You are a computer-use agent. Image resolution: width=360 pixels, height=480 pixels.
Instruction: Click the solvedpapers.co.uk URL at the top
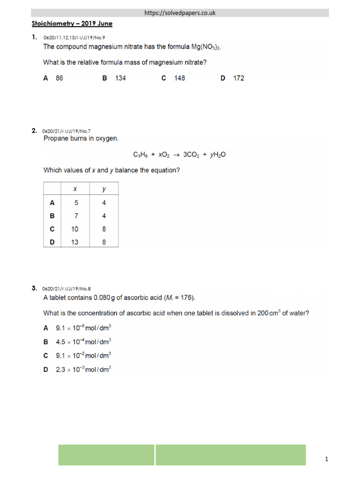[180, 13]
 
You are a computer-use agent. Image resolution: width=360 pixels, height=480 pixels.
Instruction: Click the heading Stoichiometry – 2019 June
[72, 23]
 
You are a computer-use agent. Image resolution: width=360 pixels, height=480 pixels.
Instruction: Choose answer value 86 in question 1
[59, 78]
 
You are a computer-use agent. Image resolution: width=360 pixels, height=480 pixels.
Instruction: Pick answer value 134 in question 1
[120, 78]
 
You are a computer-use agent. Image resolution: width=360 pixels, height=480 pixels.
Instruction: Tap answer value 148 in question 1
[180, 78]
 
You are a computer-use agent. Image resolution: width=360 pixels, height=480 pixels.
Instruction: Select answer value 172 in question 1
[239, 78]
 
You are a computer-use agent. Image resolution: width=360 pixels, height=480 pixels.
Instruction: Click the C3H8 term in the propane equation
[142, 154]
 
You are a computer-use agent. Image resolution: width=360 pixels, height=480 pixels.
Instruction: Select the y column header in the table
[104, 189]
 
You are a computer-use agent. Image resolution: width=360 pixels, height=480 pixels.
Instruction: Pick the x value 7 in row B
[76, 216]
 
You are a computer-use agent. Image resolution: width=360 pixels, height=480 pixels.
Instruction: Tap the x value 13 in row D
[76, 242]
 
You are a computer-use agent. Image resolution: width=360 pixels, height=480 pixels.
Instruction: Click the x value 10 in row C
[76, 229]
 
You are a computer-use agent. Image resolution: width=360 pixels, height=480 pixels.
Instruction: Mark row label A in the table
[52, 203]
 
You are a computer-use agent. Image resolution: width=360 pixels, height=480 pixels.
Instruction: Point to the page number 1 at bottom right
[326, 460]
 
